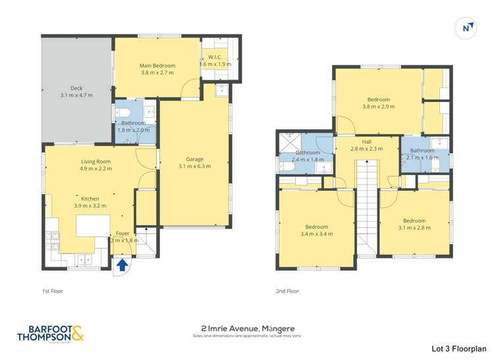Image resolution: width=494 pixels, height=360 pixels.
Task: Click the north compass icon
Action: (x=467, y=28)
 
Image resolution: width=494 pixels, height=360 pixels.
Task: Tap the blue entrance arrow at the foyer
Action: (x=122, y=266)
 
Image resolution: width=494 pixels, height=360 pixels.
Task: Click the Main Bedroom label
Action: (x=157, y=66)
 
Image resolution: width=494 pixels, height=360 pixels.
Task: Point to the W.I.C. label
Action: (x=215, y=57)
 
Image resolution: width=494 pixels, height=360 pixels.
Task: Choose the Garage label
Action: (x=194, y=159)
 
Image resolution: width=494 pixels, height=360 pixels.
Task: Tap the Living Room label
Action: (x=96, y=161)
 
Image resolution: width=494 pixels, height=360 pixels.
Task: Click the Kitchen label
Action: (x=90, y=197)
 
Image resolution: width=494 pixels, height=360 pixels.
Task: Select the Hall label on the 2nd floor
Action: (x=367, y=141)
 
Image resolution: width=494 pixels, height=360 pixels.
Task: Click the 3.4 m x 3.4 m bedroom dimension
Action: (x=314, y=234)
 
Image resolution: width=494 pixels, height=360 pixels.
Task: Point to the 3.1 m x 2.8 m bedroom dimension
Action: (x=414, y=228)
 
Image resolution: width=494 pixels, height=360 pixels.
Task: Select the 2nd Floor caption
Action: (x=287, y=290)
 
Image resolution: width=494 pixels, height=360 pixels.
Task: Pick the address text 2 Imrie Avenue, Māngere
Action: (x=246, y=327)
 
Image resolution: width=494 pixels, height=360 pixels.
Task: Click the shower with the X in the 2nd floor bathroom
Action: (x=288, y=142)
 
